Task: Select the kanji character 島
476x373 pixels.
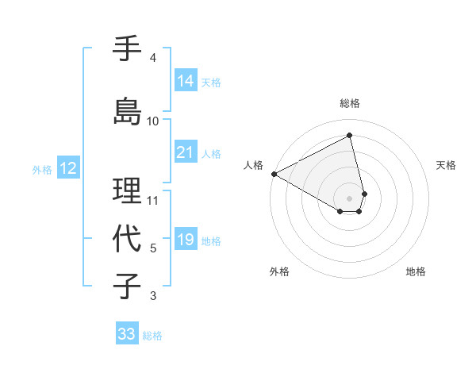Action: point(128,111)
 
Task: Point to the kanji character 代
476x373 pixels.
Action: point(128,237)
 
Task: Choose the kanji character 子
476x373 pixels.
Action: point(128,286)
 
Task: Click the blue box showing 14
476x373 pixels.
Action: point(185,81)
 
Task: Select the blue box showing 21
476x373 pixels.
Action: point(185,152)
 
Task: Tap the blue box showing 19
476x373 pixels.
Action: point(185,240)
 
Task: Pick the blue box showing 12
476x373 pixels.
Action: point(67,168)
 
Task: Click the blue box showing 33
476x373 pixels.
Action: point(126,334)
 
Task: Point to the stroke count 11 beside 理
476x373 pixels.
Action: point(153,200)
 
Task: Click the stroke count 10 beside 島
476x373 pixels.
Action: point(153,121)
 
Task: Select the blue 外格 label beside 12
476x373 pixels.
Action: point(42,169)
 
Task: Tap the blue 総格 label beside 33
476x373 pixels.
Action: point(152,336)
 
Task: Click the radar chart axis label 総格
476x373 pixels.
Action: point(350,103)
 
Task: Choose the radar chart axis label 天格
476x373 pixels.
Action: point(446,165)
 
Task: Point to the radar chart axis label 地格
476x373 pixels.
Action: point(416,271)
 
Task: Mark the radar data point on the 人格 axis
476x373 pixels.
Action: point(274,173)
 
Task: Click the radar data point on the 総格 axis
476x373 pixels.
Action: point(350,136)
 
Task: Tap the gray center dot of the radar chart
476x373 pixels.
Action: point(350,198)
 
